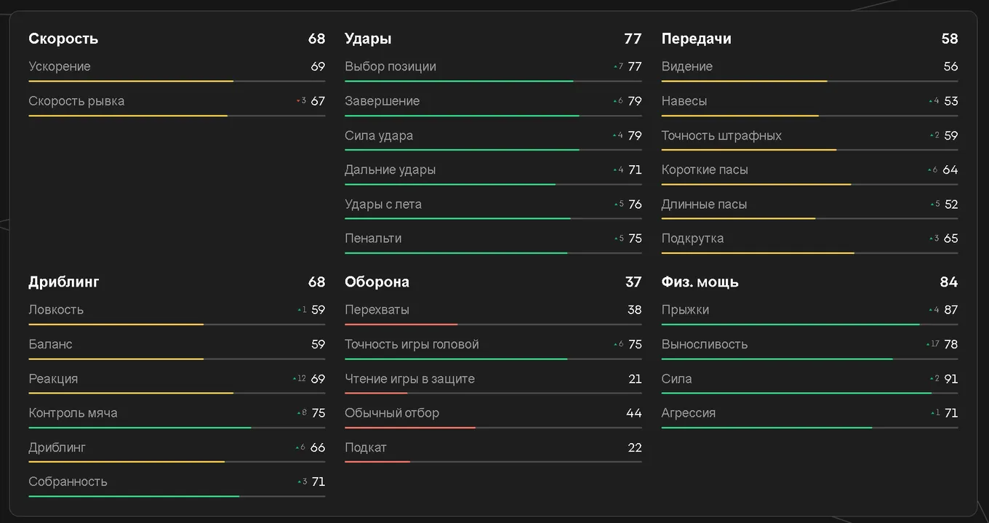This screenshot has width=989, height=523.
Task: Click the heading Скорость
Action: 63,39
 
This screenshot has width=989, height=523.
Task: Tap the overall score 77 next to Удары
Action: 633,39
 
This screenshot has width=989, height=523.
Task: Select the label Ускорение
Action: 60,67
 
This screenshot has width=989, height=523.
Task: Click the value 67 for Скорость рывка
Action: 318,101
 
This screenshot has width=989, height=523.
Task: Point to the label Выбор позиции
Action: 391,67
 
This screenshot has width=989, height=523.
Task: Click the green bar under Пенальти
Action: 456,253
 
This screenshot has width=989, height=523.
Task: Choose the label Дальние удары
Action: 390,169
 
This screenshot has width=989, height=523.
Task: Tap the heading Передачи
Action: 696,39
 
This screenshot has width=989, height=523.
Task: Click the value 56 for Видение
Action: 950,67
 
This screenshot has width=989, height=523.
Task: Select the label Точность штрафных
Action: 721,135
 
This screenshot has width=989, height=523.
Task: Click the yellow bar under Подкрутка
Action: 758,253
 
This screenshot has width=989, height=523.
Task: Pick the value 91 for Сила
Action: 951,379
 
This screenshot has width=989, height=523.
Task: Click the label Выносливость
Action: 704,344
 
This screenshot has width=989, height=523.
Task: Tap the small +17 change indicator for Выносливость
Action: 932,344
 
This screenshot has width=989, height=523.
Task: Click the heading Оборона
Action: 377,282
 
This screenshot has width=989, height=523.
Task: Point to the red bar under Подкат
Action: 377,462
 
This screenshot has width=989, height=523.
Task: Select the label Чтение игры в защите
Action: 409,379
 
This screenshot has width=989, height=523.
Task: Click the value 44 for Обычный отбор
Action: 634,413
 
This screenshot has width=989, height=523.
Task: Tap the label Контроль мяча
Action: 73,413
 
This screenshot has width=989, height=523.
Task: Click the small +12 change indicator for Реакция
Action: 300,378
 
